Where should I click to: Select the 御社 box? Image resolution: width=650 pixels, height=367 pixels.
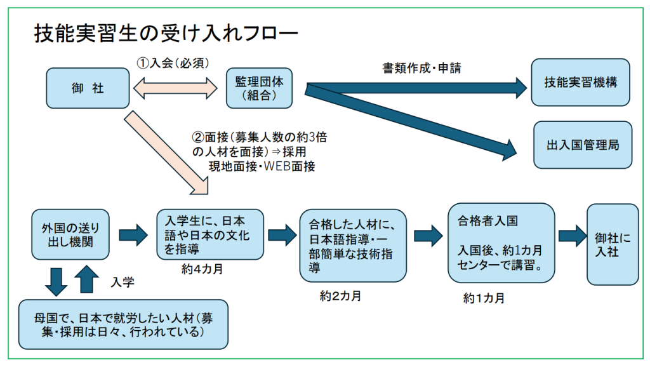pyautogui.click(x=88, y=88)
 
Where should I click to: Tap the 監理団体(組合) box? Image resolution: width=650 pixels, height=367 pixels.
pyautogui.click(x=260, y=89)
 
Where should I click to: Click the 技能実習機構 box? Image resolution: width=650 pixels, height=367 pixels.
pyautogui.click(x=580, y=83)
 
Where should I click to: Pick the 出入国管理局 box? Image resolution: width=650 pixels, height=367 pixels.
pyautogui.click(x=583, y=145)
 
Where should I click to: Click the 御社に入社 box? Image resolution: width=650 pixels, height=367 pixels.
pyautogui.click(x=613, y=244)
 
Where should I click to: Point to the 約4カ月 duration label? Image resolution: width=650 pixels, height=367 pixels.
pyautogui.click(x=201, y=269)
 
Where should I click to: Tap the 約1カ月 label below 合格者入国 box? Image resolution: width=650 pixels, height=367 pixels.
pyautogui.click(x=484, y=298)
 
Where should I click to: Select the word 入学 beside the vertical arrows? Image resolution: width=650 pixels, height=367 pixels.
pyautogui.click(x=123, y=280)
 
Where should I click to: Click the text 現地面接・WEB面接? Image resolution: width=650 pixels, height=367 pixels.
pyautogui.click(x=262, y=167)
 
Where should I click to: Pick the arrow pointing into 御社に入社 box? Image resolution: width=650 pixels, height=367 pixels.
pyautogui.click(x=569, y=236)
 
